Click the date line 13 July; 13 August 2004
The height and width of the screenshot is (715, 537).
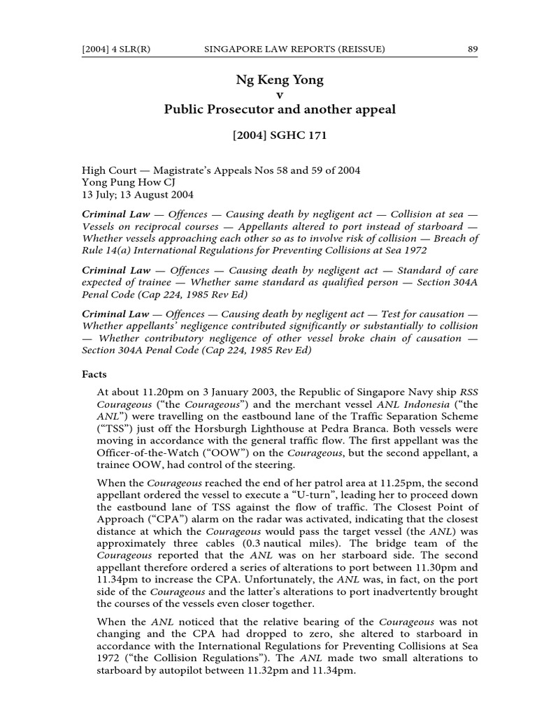[138, 195]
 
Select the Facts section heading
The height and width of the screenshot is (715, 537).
[96, 374]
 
